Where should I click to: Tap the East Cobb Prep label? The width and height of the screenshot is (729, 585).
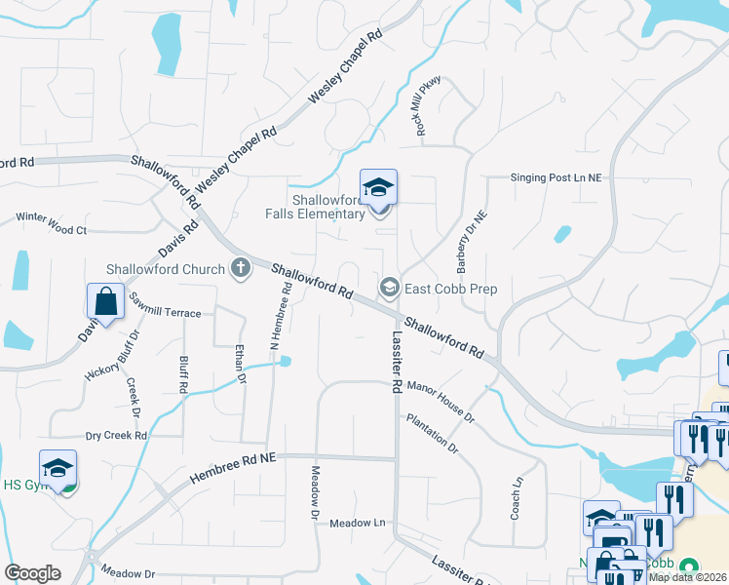point(451,289)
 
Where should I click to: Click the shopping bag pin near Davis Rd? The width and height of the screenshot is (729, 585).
point(105,303)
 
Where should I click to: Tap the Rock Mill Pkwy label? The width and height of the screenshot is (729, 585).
point(429,108)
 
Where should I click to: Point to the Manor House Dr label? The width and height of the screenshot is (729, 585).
point(441,403)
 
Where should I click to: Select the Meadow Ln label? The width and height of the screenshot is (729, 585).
point(358,523)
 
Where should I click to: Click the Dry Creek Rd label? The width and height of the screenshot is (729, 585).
point(116,435)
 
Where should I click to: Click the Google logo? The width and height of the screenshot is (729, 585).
point(32,573)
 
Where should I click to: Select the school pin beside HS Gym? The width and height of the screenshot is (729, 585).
point(58,469)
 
